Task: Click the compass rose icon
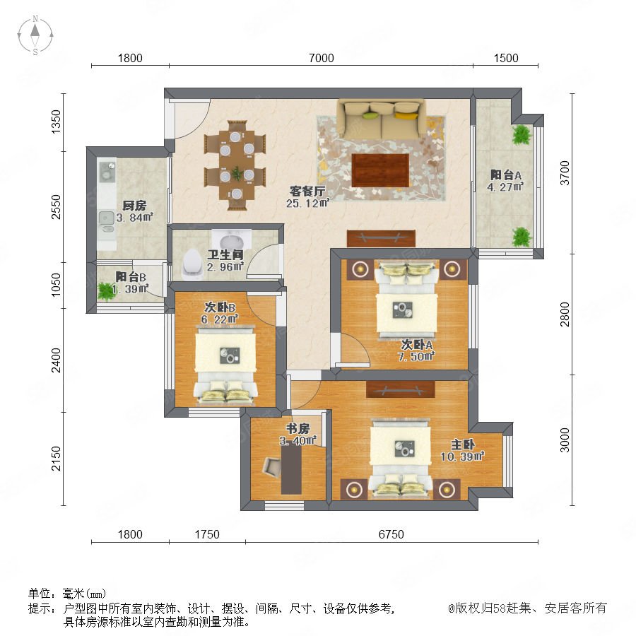pos(35,35)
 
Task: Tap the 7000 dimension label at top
pos(322,58)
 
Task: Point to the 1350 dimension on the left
pos(56,122)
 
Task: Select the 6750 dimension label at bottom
pos(391,534)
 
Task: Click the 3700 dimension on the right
pos(565,173)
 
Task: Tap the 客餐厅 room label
pos(307,191)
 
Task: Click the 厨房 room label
pos(134,205)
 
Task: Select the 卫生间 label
pos(225,254)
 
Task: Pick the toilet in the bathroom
pos(192,264)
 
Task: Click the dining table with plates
pos(236,165)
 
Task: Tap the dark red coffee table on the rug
pos(380,170)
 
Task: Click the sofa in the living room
pos(382,119)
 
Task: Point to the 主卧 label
pos(462,444)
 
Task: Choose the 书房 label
pos(298,428)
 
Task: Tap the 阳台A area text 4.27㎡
pos(505,187)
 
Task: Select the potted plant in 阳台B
pos(105,291)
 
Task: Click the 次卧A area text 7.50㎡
pos(416,357)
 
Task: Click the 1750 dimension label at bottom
pos(207,534)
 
